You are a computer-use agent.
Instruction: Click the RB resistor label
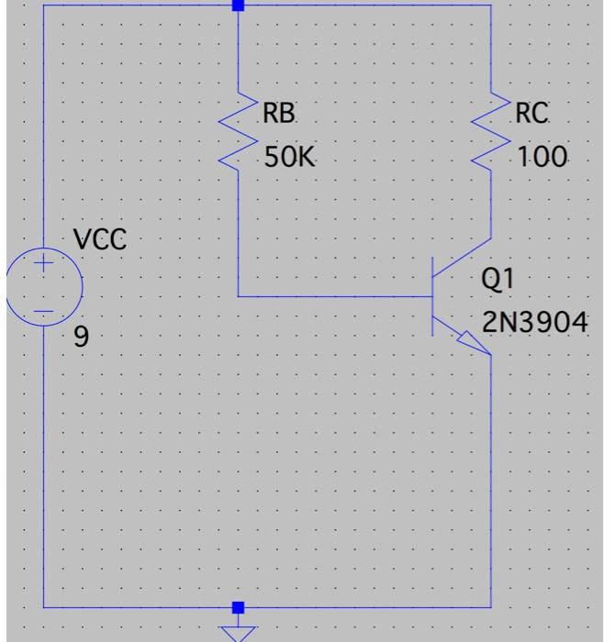279,114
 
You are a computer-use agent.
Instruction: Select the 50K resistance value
288,158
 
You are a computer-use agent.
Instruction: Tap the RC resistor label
531,114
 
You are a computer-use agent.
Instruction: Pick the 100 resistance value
542,158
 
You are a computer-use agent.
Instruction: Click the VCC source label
100,240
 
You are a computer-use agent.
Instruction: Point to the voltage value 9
82,338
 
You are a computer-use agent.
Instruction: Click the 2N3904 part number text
535,323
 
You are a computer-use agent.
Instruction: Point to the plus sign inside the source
43,265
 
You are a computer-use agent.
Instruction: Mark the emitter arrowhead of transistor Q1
476,346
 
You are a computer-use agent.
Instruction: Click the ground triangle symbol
239,631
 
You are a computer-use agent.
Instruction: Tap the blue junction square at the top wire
239,6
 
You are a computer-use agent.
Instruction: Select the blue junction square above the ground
239,607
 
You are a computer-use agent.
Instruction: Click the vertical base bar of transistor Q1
433,296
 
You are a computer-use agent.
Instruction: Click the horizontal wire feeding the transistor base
335,296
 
